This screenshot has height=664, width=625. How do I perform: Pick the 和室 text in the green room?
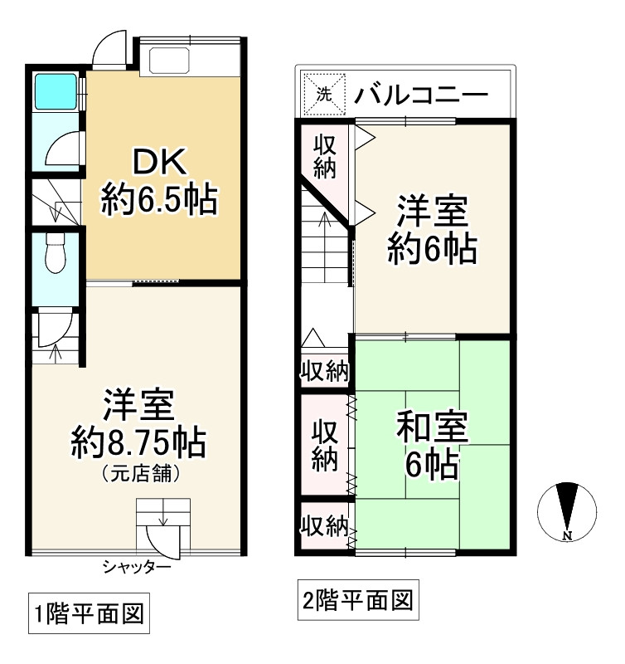point(432,429)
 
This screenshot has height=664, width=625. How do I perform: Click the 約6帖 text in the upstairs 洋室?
point(432,248)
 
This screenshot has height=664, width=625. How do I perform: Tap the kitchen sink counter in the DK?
point(168,58)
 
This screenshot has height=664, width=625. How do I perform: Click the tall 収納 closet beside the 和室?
point(324,445)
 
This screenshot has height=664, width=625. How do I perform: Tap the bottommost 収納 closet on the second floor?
point(324,525)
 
